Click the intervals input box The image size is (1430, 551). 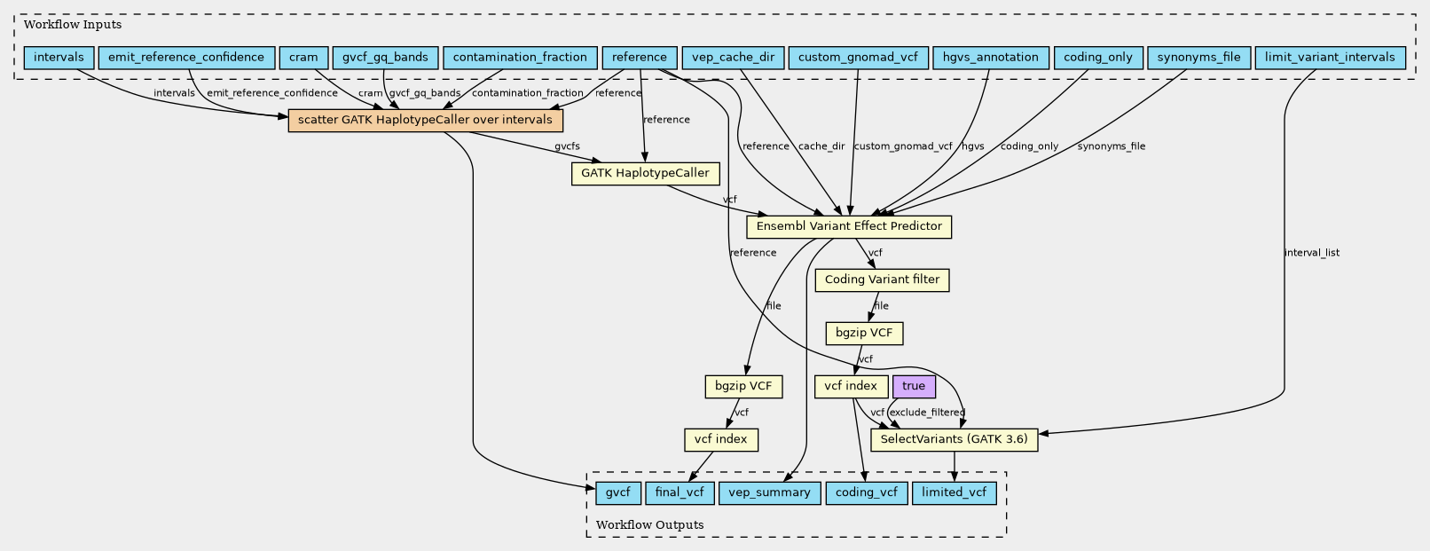(x=59, y=58)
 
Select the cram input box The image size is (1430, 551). (x=303, y=58)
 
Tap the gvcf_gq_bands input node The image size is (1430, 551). (x=385, y=58)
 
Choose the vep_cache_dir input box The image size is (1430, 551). (x=732, y=58)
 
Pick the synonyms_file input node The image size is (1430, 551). (x=1198, y=58)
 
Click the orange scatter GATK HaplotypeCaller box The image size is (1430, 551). (x=425, y=120)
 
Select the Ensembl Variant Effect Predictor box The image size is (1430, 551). (x=849, y=226)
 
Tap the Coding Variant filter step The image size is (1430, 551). (x=882, y=280)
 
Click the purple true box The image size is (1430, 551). (x=914, y=386)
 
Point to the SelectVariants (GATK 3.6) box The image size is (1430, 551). (x=954, y=439)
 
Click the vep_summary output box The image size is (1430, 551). (x=768, y=492)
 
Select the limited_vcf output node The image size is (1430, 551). (x=954, y=492)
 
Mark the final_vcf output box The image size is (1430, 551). (x=679, y=492)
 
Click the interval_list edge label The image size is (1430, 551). (x=1311, y=253)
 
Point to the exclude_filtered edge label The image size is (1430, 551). (x=926, y=413)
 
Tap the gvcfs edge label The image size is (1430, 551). (x=567, y=146)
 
